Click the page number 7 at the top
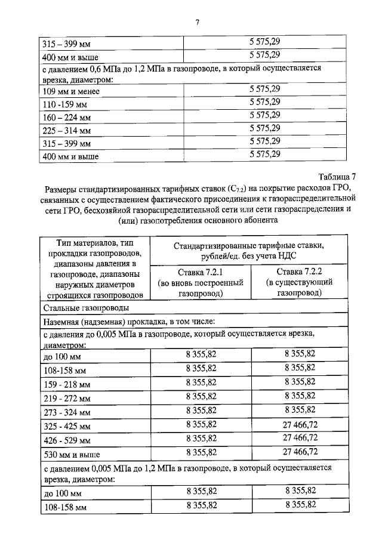pyautogui.click(x=197, y=23)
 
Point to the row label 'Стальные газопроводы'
pyautogui.click(x=84, y=309)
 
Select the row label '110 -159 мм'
pyautogui.click(x=67, y=104)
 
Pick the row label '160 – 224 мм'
pyautogui.click(x=67, y=118)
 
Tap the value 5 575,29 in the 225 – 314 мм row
pyautogui.click(x=264, y=128)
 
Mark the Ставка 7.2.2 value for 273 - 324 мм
pyautogui.click(x=300, y=410)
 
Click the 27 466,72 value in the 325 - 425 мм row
pyautogui.click(x=300, y=424)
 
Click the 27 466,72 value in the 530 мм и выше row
pyautogui.click(x=300, y=452)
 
